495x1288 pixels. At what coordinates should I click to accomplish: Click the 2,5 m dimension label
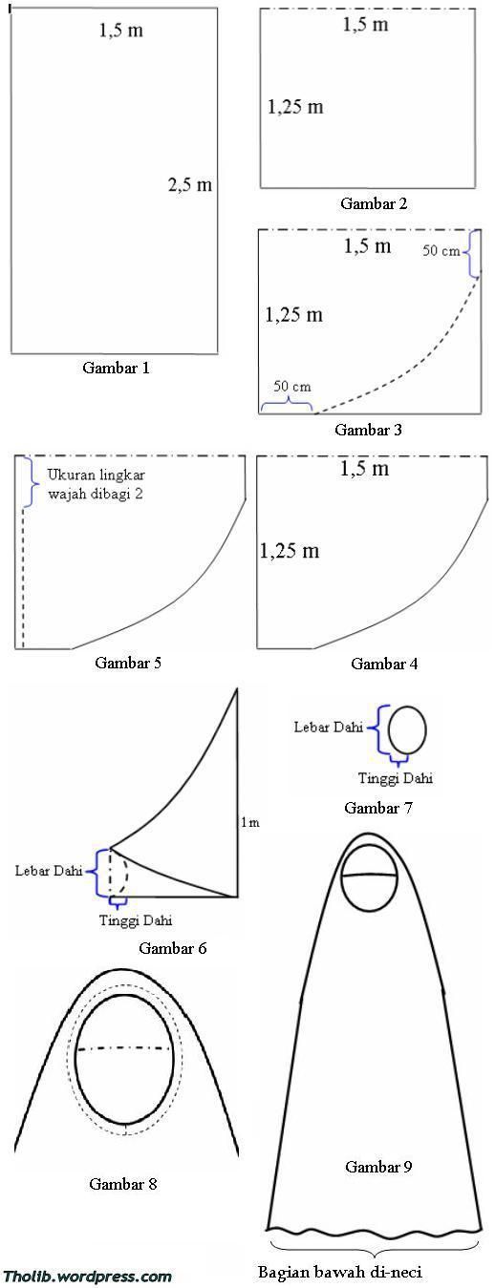click(x=190, y=184)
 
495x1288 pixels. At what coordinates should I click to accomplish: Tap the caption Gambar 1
click(x=117, y=368)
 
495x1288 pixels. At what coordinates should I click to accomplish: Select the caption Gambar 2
click(x=374, y=203)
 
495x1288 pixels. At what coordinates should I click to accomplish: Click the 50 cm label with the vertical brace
click(x=441, y=251)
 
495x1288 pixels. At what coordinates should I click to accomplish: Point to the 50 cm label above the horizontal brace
click(x=291, y=386)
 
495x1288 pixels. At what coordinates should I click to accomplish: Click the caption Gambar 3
click(x=368, y=429)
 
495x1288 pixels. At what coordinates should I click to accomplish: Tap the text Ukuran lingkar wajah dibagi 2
click(x=97, y=484)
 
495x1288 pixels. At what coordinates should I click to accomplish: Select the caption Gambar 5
click(x=128, y=663)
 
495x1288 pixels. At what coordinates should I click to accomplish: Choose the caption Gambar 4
click(x=384, y=664)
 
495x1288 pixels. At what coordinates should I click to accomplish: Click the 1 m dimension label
click(x=250, y=823)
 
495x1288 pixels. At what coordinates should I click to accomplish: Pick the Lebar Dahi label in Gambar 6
click(x=49, y=871)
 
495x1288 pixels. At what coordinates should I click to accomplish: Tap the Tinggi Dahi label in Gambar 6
click(x=136, y=920)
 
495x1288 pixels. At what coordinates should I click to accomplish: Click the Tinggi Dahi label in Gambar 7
click(x=396, y=778)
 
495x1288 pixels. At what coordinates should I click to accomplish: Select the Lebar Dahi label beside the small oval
click(x=328, y=727)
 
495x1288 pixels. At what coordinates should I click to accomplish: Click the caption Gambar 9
click(x=378, y=1167)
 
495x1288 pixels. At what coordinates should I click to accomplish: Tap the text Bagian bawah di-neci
click(x=339, y=1272)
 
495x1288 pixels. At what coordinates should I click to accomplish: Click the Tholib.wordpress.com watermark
click(x=88, y=1277)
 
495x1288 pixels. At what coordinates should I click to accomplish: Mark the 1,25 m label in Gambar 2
click(x=295, y=107)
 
